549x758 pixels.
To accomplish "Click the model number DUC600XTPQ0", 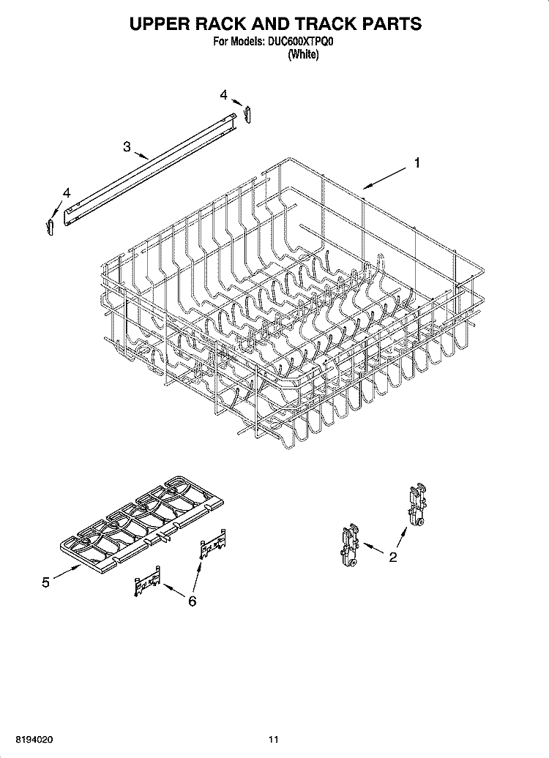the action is click(299, 42).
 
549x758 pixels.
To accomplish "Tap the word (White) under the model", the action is click(303, 55).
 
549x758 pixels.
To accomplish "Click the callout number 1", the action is click(417, 163).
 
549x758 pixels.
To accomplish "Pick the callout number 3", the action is click(127, 146).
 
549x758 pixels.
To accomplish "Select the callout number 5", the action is click(45, 582).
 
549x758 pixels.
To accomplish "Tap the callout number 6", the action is click(192, 601).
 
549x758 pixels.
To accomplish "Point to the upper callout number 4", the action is click(223, 95).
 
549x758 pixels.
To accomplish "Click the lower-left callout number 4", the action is click(67, 193).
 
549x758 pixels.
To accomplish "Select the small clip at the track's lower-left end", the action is click(49, 227).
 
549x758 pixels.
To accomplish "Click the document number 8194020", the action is click(34, 739).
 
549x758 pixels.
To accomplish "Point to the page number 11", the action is click(274, 739).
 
